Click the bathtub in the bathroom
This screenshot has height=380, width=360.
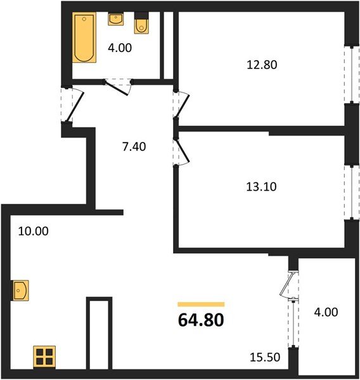(84, 37)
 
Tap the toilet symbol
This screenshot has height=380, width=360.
(141, 23)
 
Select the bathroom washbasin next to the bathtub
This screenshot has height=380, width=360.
(116, 19)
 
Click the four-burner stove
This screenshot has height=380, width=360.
(44, 356)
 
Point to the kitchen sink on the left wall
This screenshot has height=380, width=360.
(20, 290)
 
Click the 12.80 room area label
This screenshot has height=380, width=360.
(262, 65)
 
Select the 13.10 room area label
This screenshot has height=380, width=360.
(261, 187)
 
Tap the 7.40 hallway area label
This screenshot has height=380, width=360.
(134, 147)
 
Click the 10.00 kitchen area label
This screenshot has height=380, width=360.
(33, 231)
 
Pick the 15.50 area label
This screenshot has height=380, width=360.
(265, 357)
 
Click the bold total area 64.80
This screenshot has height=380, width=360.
(201, 320)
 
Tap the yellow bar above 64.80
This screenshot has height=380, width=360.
(201, 305)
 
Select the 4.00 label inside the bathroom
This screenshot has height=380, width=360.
(120, 47)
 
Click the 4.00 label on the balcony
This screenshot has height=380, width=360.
(326, 312)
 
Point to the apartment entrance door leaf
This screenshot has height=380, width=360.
(75, 106)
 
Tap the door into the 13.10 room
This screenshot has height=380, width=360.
(183, 151)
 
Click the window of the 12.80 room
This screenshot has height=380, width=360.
(352, 74)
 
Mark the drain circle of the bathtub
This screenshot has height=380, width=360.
(84, 19)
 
